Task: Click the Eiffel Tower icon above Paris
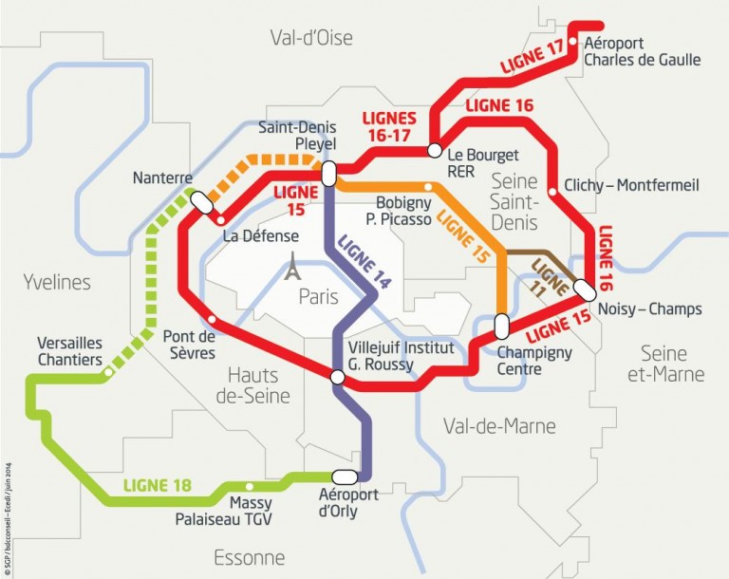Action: tap(295, 269)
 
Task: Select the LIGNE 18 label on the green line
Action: tap(157, 487)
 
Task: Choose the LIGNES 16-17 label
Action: tap(390, 126)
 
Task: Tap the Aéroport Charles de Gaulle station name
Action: tap(642, 51)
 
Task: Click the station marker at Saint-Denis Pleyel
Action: tap(328, 174)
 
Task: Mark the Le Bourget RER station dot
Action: tap(433, 150)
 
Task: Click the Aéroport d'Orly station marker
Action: tap(344, 476)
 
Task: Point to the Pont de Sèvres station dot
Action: tap(212, 319)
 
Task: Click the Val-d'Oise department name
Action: tap(311, 38)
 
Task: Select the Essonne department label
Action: tap(250, 556)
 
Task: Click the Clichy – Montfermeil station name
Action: tap(630, 185)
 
